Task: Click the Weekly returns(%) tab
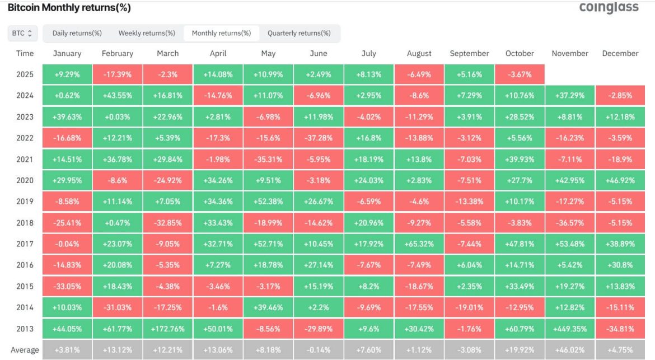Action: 147,33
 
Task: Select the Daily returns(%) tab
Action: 77,33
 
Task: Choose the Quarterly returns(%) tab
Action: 299,33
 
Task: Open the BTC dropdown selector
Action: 22,33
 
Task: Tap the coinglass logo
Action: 608,7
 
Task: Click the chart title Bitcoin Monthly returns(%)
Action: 69,8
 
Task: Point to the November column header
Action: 570,53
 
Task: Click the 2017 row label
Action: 25,244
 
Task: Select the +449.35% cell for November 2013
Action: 570,329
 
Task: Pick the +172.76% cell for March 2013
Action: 167,329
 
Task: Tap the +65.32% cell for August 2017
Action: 419,244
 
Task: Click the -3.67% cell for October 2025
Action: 520,74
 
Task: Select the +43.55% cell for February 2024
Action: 117,96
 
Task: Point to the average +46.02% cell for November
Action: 570,350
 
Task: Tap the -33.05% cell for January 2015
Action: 67,287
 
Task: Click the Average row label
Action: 25,350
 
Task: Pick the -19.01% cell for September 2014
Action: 469,308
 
